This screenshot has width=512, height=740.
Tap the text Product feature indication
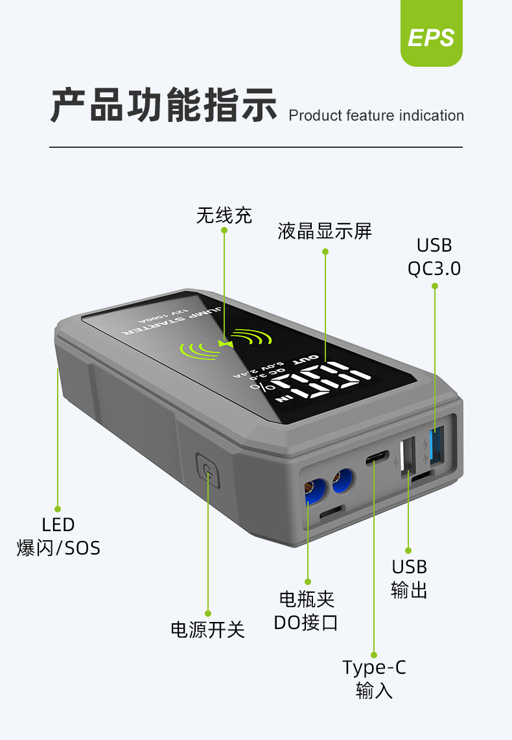(x=376, y=116)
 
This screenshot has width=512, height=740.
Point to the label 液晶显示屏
(x=325, y=232)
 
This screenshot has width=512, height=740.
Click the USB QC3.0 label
(x=434, y=257)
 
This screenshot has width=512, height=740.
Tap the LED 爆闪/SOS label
(x=58, y=536)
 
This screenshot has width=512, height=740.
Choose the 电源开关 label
(x=207, y=629)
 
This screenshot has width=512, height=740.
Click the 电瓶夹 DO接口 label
(x=306, y=611)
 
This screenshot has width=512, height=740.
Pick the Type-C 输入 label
(x=375, y=678)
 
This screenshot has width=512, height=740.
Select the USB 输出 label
(x=409, y=579)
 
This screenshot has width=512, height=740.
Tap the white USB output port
(x=408, y=456)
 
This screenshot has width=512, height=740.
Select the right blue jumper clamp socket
(x=342, y=481)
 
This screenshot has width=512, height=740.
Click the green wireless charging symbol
(x=224, y=344)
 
